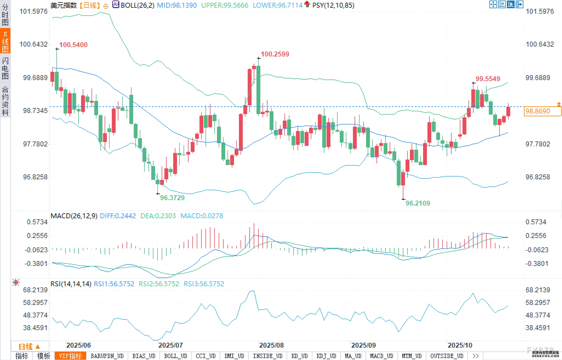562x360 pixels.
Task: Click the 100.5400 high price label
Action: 73,45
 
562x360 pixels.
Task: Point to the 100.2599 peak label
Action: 275,54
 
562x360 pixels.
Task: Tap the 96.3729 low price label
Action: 172,198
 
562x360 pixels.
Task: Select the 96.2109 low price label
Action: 418,203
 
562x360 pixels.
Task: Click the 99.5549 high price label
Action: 488,79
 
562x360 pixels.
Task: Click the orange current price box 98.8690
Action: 542,111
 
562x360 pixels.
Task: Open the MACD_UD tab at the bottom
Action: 381,356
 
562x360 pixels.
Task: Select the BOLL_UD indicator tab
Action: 175,356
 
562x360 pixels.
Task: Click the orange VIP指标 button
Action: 70,356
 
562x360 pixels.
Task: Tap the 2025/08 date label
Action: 271,345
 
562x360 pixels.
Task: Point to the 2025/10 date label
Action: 460,345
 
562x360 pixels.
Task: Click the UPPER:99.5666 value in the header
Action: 225,5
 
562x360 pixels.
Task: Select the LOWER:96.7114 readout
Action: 277,5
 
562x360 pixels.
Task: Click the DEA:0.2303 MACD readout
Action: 158,216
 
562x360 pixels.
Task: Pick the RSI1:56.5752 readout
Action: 114,284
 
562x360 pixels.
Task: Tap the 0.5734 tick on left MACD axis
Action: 37,222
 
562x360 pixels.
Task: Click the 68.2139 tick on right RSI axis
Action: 538,290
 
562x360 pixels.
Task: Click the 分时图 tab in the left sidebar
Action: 5,15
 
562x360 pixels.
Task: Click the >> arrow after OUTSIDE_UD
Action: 475,356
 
